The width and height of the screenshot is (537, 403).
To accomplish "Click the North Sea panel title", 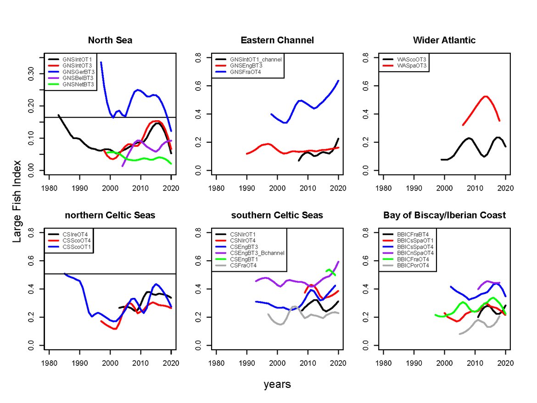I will [x=110, y=40].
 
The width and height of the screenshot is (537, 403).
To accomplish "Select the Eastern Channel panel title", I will [x=277, y=40].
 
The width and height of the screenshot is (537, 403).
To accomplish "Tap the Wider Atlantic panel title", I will [x=444, y=40].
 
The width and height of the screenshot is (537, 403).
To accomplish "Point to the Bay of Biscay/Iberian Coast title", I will [x=444, y=215].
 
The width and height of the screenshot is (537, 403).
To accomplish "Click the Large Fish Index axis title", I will [x=17, y=201].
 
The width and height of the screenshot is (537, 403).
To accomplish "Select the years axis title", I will [x=277, y=384].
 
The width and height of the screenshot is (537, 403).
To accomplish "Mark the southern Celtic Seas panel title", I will [x=277, y=215].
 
